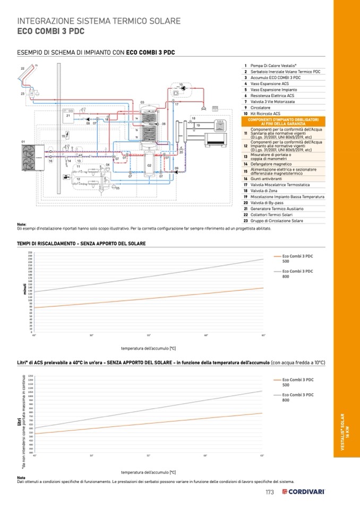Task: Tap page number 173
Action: [270, 492]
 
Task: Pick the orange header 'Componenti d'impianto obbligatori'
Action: [283, 122]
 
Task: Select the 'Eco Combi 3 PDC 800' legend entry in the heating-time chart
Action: [297, 273]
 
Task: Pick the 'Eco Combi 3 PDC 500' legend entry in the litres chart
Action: [297, 382]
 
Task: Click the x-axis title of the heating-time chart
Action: [148, 348]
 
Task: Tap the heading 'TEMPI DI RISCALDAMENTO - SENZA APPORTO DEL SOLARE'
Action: [82, 244]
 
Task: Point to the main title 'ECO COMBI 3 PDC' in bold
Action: [51, 31]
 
